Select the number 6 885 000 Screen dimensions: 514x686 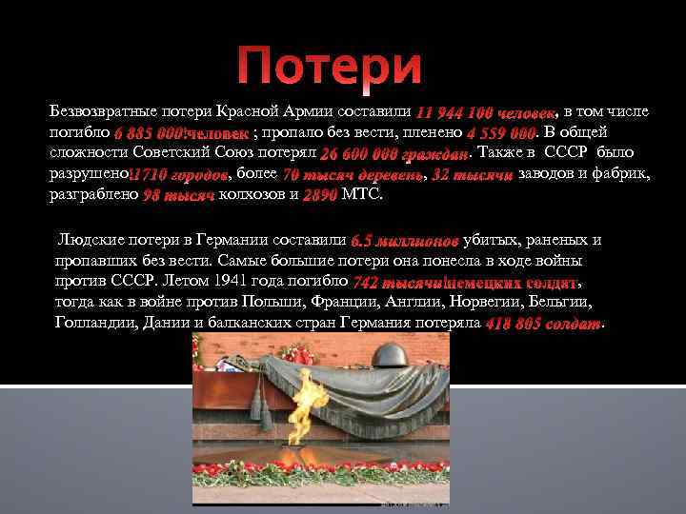point(149,133)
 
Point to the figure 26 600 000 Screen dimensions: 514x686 point(358,154)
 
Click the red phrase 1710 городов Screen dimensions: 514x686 point(179,175)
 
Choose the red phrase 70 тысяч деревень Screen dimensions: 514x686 point(353,175)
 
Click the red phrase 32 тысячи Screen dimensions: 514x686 point(473,175)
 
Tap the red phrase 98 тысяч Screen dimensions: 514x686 point(177,196)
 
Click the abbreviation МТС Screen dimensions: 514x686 point(360,196)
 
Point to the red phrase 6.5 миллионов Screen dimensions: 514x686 point(405,241)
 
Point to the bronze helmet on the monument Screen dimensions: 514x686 point(395,356)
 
